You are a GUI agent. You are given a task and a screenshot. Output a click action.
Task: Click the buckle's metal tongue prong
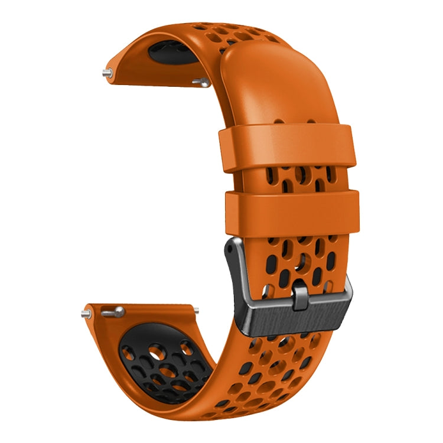point(300,293)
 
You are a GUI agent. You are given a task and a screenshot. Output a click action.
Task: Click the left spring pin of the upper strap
point(107,73)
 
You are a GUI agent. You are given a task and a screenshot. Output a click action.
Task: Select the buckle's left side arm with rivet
point(232,260)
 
